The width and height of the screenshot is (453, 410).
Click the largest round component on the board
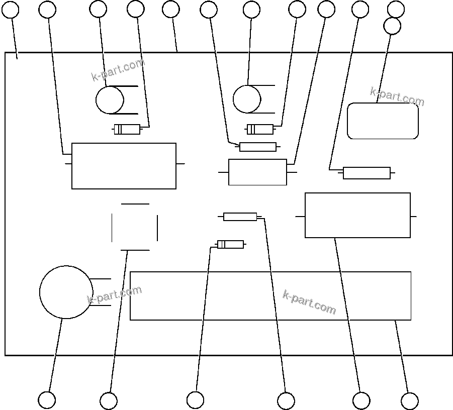66,292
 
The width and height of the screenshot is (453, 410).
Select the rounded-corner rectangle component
383,121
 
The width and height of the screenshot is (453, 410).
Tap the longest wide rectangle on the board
270,296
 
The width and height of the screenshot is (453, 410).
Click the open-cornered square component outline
135,227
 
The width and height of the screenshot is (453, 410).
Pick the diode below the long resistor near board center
230,245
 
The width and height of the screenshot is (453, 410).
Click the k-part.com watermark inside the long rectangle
309,302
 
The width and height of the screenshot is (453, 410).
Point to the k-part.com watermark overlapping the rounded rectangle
397,96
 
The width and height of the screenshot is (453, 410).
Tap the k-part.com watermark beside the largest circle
115,295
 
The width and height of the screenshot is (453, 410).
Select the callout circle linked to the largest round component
47,400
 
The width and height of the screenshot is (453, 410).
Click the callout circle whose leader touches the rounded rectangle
392,26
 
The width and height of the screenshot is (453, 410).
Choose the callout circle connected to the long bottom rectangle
409,401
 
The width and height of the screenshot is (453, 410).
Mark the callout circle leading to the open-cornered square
109,401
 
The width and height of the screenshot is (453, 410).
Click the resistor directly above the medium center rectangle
258,147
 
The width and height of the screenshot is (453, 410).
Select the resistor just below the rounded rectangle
367,173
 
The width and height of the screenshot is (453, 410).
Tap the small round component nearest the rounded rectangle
247,99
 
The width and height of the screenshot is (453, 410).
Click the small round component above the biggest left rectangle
110,100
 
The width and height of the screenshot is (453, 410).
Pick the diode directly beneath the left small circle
127,130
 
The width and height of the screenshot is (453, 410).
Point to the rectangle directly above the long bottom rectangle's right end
357,216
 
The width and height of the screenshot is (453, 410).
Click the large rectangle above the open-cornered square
124,166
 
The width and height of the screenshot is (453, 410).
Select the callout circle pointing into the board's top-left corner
11,10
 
